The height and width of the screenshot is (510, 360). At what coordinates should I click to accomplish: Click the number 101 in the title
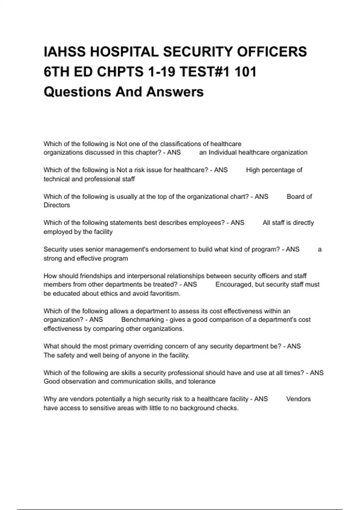coord(245,72)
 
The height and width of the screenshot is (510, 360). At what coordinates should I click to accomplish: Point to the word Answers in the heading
coord(175,92)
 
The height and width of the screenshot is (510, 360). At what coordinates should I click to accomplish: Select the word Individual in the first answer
coord(222,152)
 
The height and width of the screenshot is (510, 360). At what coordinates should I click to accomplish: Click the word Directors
coord(57,205)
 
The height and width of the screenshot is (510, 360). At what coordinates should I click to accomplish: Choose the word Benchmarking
coord(142,320)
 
